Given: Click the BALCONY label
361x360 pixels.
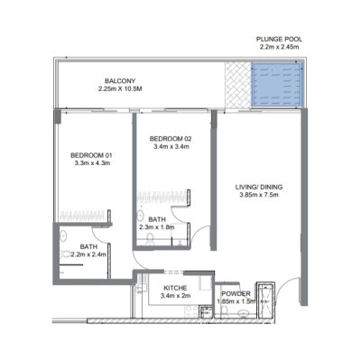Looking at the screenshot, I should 119,80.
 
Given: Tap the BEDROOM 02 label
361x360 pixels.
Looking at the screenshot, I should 172,137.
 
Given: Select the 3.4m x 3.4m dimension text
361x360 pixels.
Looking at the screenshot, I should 171,146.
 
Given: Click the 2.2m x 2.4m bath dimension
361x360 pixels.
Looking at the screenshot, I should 88,254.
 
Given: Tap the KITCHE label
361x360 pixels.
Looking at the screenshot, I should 174,288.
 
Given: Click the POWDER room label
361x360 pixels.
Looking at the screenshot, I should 236,294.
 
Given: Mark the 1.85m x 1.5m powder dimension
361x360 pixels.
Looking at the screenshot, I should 237,302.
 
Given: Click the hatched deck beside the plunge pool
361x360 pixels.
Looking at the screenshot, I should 238,87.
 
